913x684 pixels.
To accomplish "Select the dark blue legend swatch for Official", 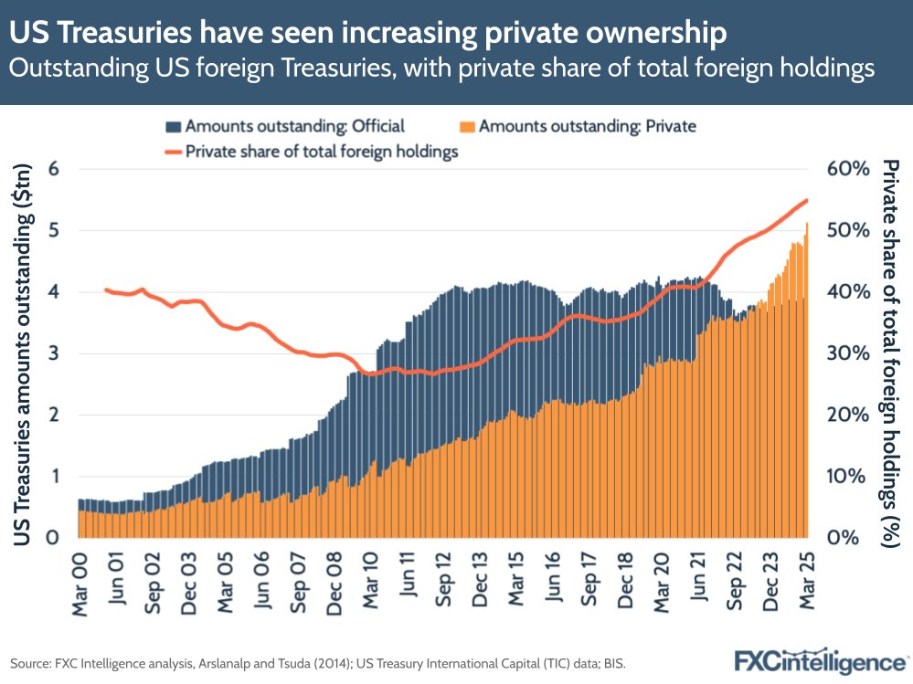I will [175, 127].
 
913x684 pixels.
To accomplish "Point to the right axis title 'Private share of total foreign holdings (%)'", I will [890, 353].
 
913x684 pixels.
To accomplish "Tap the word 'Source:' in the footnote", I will [31, 660].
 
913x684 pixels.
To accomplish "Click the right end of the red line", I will [807, 200].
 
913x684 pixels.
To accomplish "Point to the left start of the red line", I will [106, 289].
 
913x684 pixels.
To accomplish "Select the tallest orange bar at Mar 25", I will [807, 384].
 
